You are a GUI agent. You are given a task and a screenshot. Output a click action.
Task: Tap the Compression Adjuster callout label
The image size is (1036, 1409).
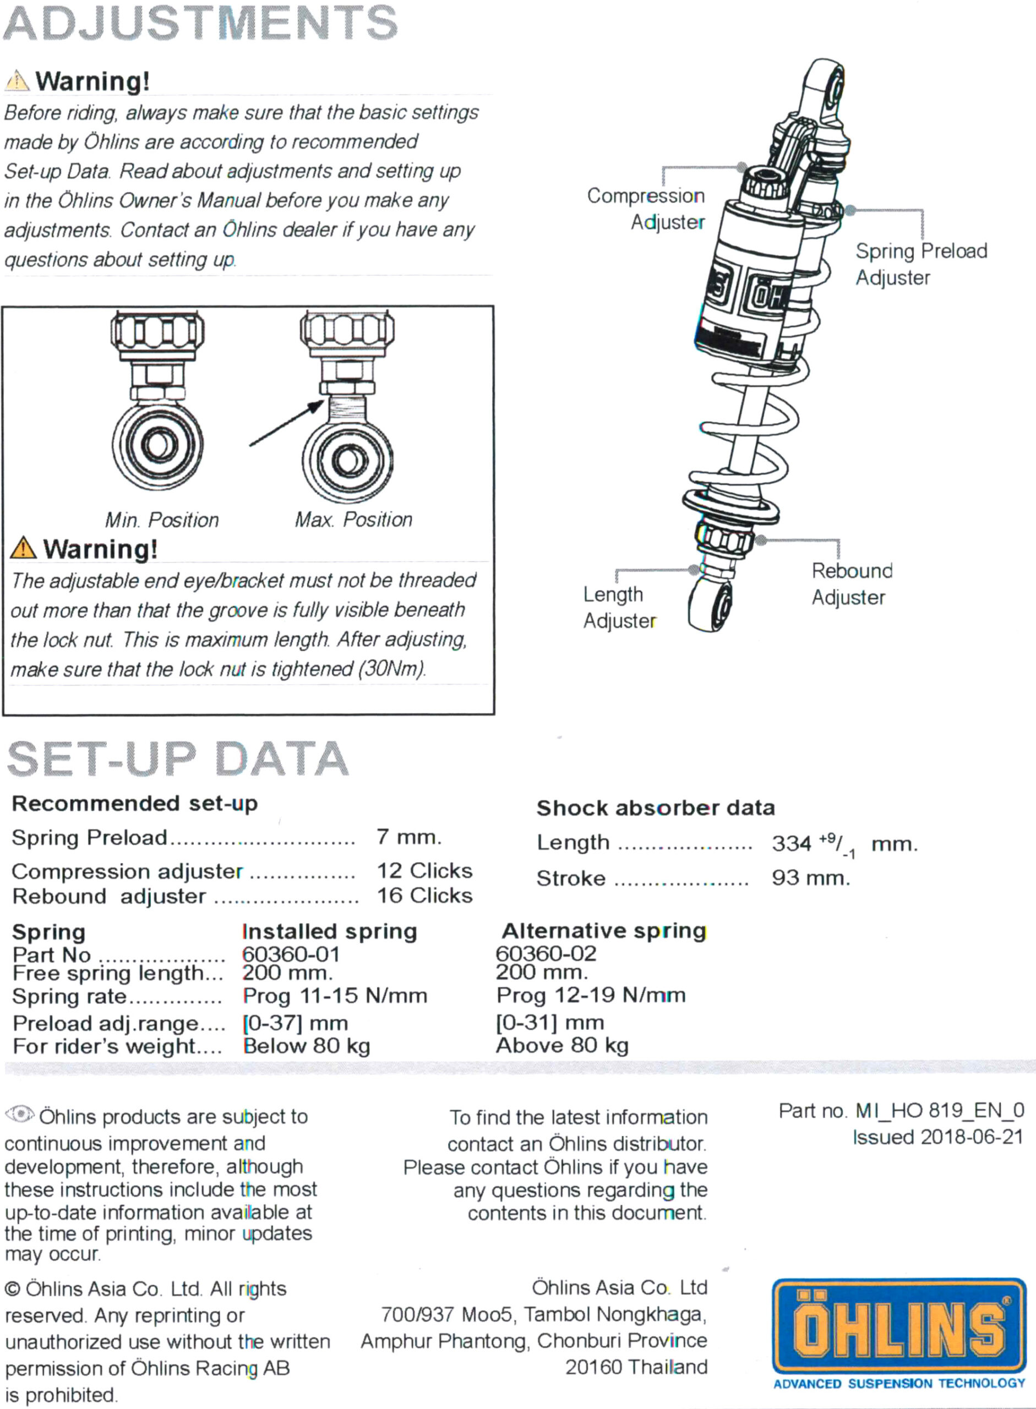click(x=646, y=209)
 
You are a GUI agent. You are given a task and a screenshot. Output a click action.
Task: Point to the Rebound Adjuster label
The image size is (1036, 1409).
click(x=851, y=584)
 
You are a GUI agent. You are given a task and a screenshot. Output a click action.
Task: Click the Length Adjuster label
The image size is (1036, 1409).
click(x=618, y=607)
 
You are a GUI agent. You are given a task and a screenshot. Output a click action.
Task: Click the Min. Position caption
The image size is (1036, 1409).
click(x=162, y=520)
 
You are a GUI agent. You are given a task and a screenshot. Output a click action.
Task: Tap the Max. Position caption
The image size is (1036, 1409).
click(x=354, y=519)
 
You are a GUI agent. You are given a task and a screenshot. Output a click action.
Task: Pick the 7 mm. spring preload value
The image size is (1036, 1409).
click(x=409, y=837)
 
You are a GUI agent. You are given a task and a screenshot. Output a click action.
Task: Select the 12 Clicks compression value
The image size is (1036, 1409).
click(x=424, y=870)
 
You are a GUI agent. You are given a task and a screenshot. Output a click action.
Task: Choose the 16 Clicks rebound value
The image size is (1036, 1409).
click(x=424, y=895)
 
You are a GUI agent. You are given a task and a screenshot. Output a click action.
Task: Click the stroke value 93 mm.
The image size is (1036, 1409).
click(x=811, y=877)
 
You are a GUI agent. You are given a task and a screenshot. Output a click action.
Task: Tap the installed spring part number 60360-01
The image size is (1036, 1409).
click(x=291, y=954)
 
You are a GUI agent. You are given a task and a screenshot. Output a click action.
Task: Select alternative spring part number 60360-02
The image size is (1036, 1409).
click(x=546, y=953)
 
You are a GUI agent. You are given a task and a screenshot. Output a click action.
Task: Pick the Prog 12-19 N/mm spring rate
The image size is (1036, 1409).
click(x=591, y=995)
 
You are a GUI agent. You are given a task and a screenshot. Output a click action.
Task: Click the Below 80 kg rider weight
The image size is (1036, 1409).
click(x=307, y=1045)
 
